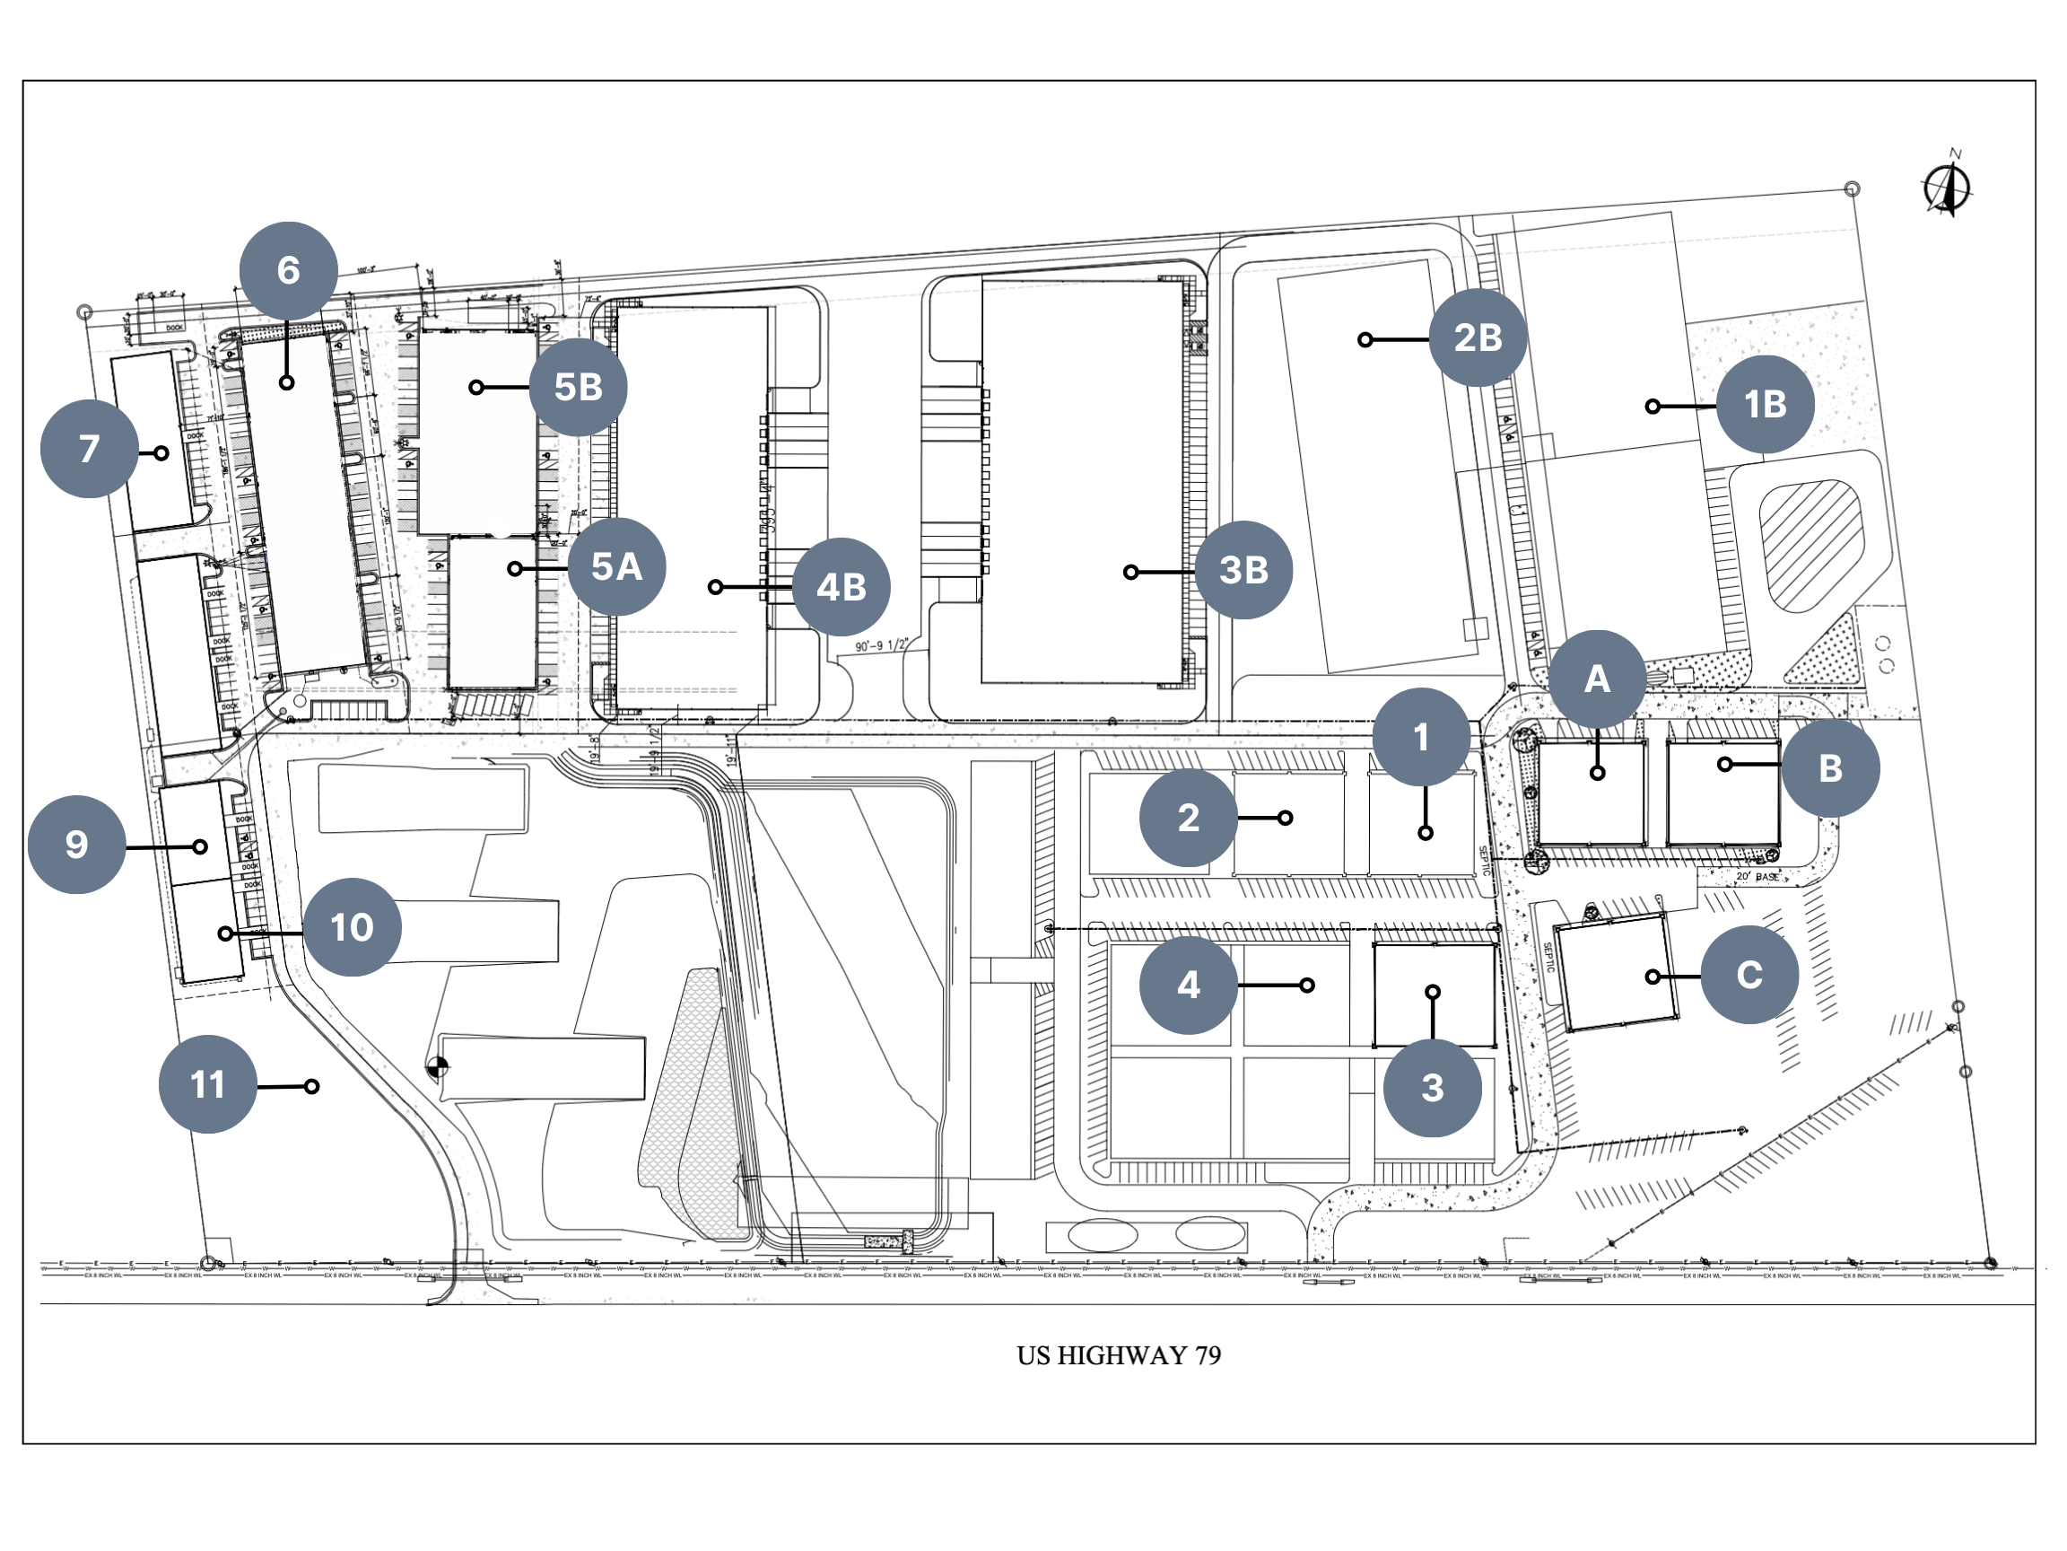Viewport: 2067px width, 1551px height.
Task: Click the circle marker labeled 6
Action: (x=288, y=270)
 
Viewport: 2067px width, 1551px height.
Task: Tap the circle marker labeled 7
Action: (x=89, y=449)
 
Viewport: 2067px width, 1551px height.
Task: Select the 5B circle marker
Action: (x=578, y=387)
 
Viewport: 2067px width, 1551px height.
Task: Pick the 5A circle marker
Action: (x=616, y=566)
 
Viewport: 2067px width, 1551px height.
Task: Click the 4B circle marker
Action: (x=841, y=587)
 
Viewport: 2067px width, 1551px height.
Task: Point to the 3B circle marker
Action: (x=1243, y=569)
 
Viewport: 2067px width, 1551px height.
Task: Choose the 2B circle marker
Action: (x=1478, y=337)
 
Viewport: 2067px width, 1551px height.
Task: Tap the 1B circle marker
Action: (x=1766, y=405)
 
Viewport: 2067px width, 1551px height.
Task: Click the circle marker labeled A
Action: (x=1597, y=679)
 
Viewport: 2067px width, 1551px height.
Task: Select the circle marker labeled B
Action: (x=1829, y=767)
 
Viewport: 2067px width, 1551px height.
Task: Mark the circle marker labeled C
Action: (x=1749, y=975)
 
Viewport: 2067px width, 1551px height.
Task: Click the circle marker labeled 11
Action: (x=207, y=1084)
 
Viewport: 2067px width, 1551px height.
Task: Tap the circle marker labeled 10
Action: (x=352, y=927)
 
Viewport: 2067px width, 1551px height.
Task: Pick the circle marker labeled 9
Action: (x=76, y=845)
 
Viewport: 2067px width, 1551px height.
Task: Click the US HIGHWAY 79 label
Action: (x=1119, y=1355)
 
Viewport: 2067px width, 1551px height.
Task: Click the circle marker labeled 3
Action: (x=1432, y=1087)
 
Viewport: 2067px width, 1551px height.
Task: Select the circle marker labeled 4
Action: (x=1188, y=985)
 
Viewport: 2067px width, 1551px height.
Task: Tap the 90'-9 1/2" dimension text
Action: (x=881, y=646)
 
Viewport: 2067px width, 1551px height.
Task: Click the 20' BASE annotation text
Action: (x=1757, y=877)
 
